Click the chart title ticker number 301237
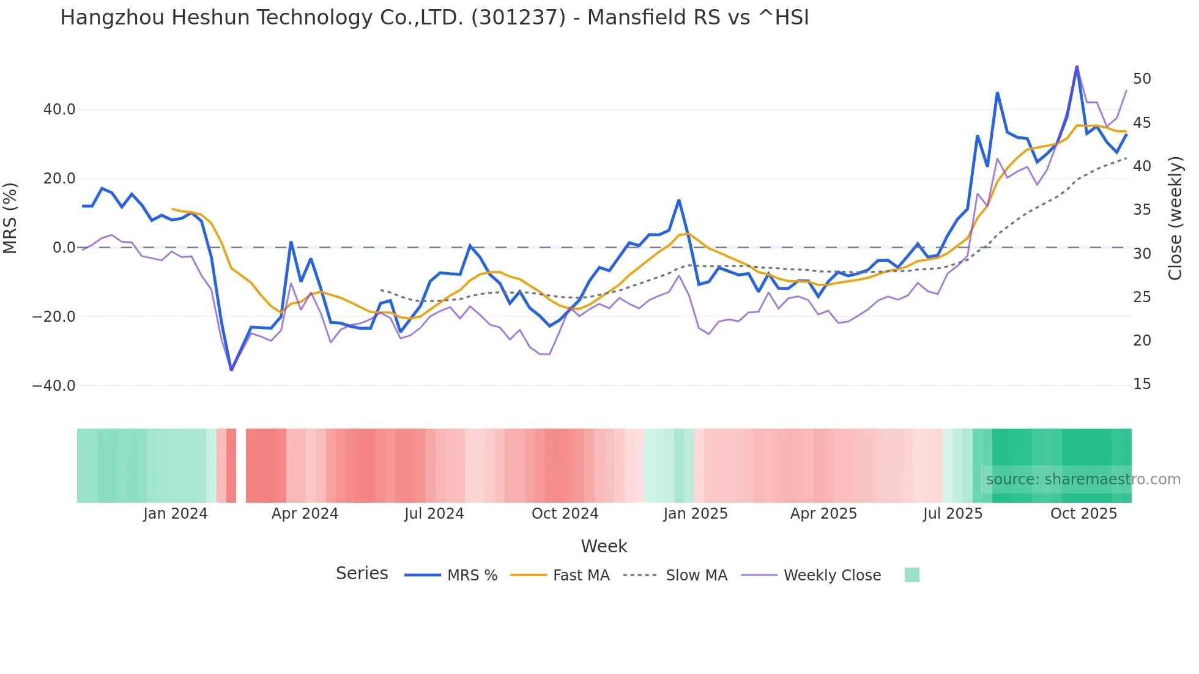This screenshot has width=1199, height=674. click(x=518, y=18)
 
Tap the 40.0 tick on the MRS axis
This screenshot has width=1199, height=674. click(x=59, y=109)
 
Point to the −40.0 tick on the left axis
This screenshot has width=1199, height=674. click(x=54, y=386)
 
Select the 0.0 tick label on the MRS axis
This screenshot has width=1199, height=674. click(x=64, y=248)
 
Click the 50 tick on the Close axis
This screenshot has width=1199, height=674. click(x=1141, y=79)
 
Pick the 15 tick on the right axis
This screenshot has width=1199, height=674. click(x=1141, y=384)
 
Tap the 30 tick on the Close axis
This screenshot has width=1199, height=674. click(x=1141, y=253)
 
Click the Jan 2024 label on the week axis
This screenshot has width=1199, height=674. click(x=176, y=514)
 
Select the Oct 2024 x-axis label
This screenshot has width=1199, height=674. click(x=565, y=514)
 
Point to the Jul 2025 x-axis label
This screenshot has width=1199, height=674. click(x=952, y=514)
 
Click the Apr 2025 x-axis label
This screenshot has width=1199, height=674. click(x=823, y=514)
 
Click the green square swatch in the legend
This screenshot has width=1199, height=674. click(x=911, y=575)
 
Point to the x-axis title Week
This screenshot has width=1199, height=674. click(x=604, y=546)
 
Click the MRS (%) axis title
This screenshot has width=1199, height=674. click(x=10, y=218)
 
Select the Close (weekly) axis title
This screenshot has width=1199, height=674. click(x=1175, y=218)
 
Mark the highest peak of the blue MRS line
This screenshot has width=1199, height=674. click(x=1077, y=67)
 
